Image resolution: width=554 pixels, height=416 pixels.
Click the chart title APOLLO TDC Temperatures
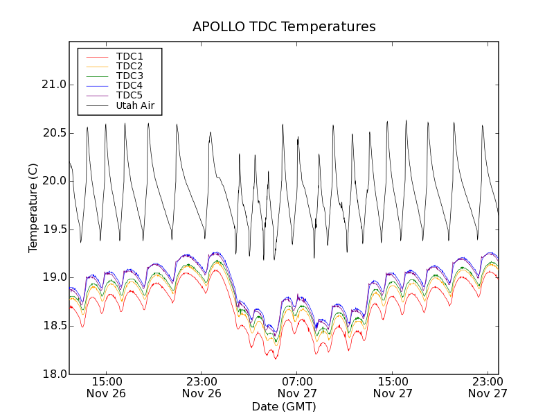284,27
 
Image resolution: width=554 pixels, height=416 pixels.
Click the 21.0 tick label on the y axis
53,85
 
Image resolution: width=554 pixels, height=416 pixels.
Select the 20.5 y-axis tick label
53,132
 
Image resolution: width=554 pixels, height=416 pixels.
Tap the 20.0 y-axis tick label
53,181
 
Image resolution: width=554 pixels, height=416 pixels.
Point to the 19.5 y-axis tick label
53,229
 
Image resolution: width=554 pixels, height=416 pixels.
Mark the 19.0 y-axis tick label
53,277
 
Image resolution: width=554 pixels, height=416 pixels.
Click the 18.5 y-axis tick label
53,326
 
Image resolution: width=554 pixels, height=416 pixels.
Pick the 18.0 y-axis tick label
53,374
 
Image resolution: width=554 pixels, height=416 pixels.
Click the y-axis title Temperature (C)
33,208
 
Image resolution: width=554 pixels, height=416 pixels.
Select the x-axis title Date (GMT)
284,406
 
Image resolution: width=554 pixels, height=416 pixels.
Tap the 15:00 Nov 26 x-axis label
107,387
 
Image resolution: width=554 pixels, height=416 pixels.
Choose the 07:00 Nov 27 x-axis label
298,387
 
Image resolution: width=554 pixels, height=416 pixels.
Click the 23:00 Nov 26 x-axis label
202,387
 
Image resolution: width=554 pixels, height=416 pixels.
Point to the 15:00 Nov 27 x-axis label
393,387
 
